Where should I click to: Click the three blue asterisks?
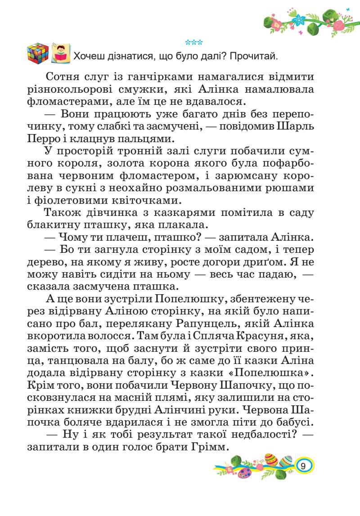[x=194, y=43]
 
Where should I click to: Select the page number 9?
[x=304, y=466]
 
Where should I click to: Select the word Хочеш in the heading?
[x=89, y=57]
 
